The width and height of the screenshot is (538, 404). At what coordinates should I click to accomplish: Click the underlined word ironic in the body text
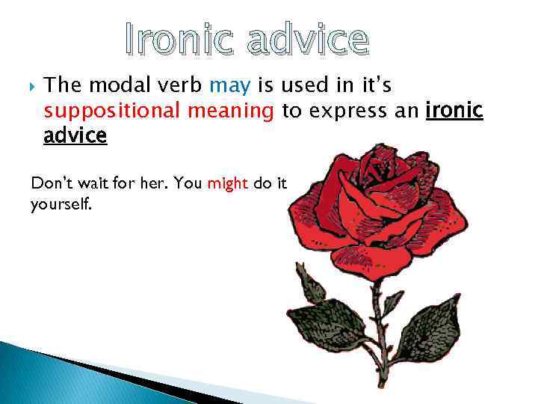coord(454,111)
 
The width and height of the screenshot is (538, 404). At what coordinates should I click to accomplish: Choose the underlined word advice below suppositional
coord(75,135)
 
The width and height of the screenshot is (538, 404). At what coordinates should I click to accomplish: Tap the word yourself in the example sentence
coord(61,203)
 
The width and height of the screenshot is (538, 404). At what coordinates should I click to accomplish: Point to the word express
coord(342,111)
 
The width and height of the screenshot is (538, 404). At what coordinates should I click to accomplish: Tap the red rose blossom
coord(374,209)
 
